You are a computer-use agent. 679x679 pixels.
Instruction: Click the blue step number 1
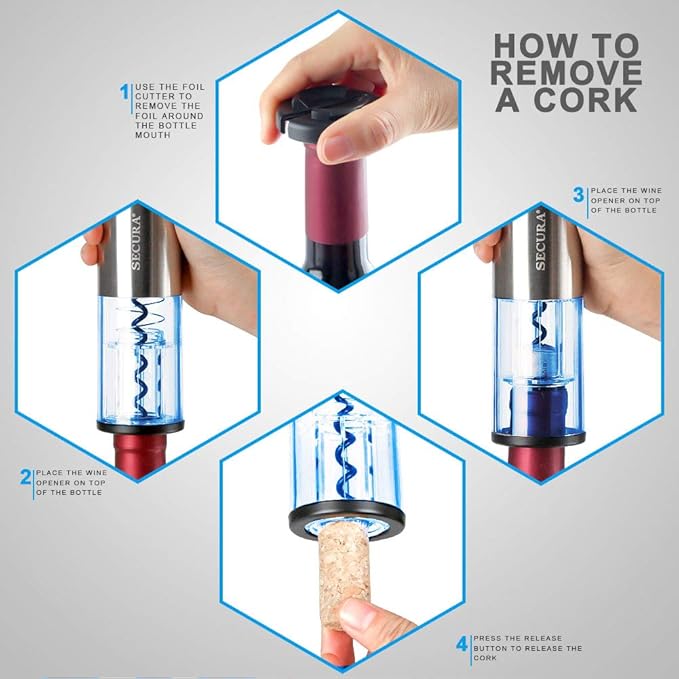125,93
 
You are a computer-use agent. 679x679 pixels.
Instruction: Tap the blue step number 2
25,477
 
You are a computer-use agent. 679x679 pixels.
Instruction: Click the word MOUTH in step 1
152,136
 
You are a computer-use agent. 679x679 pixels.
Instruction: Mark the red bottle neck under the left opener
139,455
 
